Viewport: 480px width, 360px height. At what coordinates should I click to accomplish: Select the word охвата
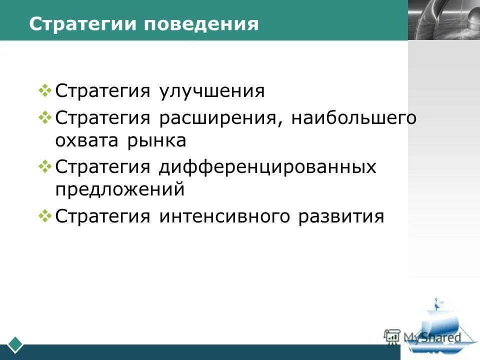tap(83, 141)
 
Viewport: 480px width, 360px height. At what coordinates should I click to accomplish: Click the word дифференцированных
tap(267, 167)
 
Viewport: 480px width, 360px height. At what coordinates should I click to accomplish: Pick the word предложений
tap(120, 190)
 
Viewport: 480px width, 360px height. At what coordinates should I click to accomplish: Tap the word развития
tap(341, 217)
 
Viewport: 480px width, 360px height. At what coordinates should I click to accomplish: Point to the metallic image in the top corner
tap(443, 20)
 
